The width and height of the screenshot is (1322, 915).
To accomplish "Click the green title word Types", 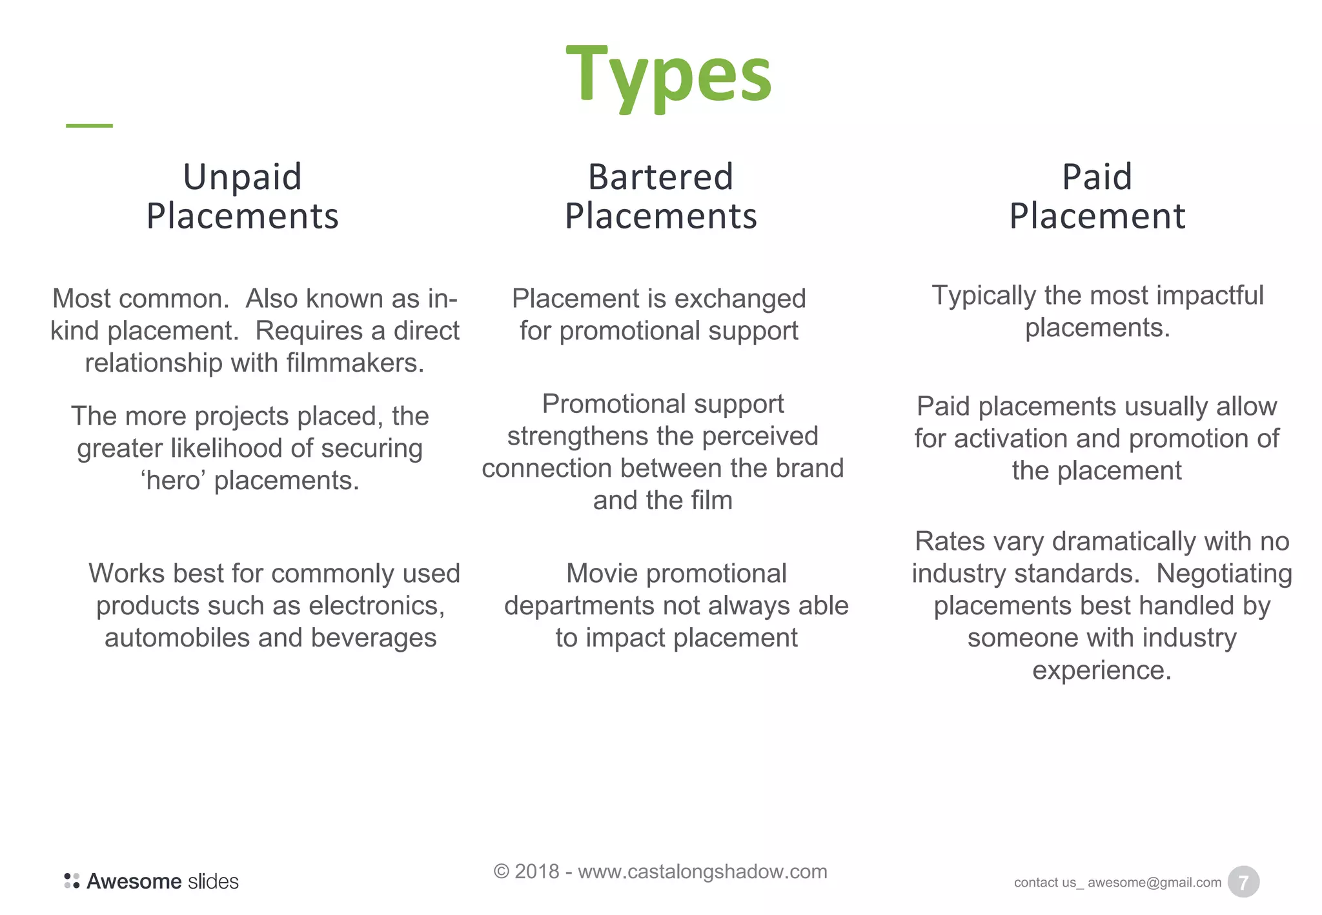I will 669,76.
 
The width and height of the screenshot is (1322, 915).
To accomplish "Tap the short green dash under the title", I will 89,125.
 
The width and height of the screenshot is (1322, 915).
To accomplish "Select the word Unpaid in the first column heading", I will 242,177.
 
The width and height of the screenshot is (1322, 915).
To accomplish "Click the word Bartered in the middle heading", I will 660,177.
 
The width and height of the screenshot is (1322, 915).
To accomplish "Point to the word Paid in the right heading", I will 1097,177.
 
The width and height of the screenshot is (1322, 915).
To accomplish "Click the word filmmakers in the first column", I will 354,363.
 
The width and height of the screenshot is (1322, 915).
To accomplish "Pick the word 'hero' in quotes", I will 172,481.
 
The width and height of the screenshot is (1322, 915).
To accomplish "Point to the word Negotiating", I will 1224,574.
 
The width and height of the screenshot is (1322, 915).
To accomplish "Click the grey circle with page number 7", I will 1243,882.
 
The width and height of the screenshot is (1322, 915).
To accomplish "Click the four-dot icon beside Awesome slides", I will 72,881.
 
